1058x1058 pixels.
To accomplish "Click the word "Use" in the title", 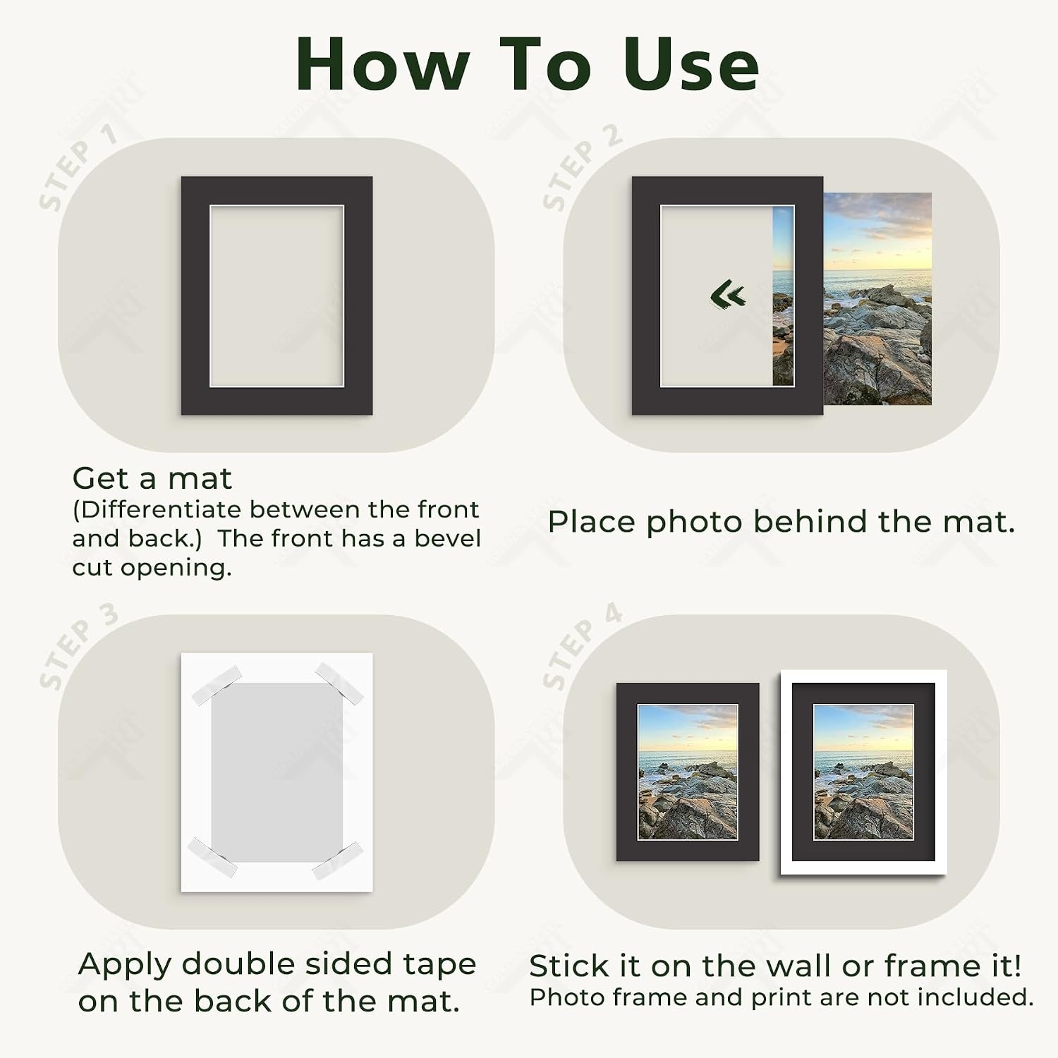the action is [691, 64].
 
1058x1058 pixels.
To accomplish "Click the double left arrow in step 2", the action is [728, 295].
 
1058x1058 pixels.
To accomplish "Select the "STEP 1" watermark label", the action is [78, 166].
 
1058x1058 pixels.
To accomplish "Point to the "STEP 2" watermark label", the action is [582, 166].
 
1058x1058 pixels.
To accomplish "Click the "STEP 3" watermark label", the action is [78, 646].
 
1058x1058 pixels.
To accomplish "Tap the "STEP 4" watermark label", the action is [582, 646].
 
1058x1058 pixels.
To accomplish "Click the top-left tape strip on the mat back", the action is [216, 684].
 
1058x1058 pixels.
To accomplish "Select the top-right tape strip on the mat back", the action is [339, 683].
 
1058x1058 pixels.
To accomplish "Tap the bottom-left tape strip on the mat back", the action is [212, 857].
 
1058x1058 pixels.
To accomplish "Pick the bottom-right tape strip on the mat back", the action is [338, 860].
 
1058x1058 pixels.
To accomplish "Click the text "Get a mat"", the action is [152, 479].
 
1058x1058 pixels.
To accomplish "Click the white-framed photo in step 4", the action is [863, 772].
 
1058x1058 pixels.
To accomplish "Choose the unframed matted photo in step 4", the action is [688, 772].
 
